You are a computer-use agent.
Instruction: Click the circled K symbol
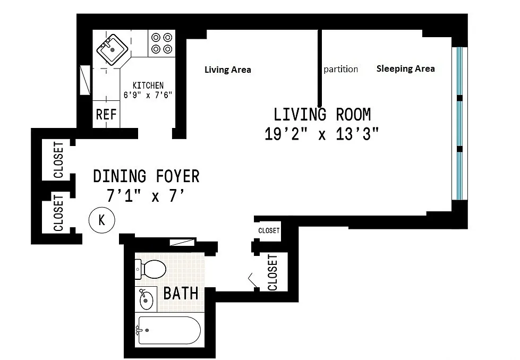(x=102, y=220)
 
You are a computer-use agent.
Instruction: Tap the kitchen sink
(x=112, y=50)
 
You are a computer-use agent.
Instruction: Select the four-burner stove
(x=161, y=43)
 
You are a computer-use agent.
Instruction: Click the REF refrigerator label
(x=106, y=115)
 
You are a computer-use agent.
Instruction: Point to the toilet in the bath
(x=150, y=269)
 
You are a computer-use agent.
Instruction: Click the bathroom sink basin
(x=146, y=299)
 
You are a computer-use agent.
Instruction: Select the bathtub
(x=169, y=330)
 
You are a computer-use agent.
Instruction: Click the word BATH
(x=181, y=294)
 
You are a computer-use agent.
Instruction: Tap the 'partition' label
(x=341, y=69)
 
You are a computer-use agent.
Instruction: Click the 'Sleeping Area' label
(x=406, y=68)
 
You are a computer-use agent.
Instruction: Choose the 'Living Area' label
(x=228, y=70)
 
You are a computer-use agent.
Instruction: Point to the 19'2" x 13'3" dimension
(x=321, y=134)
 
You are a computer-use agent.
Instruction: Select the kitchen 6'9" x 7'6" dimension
(x=148, y=95)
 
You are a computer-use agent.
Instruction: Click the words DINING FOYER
(x=146, y=176)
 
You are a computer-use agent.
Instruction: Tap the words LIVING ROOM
(x=322, y=115)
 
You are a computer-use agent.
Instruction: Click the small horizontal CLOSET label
(x=269, y=230)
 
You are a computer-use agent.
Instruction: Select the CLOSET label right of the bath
(x=272, y=272)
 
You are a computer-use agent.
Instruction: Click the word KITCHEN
(x=148, y=85)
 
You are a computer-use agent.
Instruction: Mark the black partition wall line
(x=320, y=68)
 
